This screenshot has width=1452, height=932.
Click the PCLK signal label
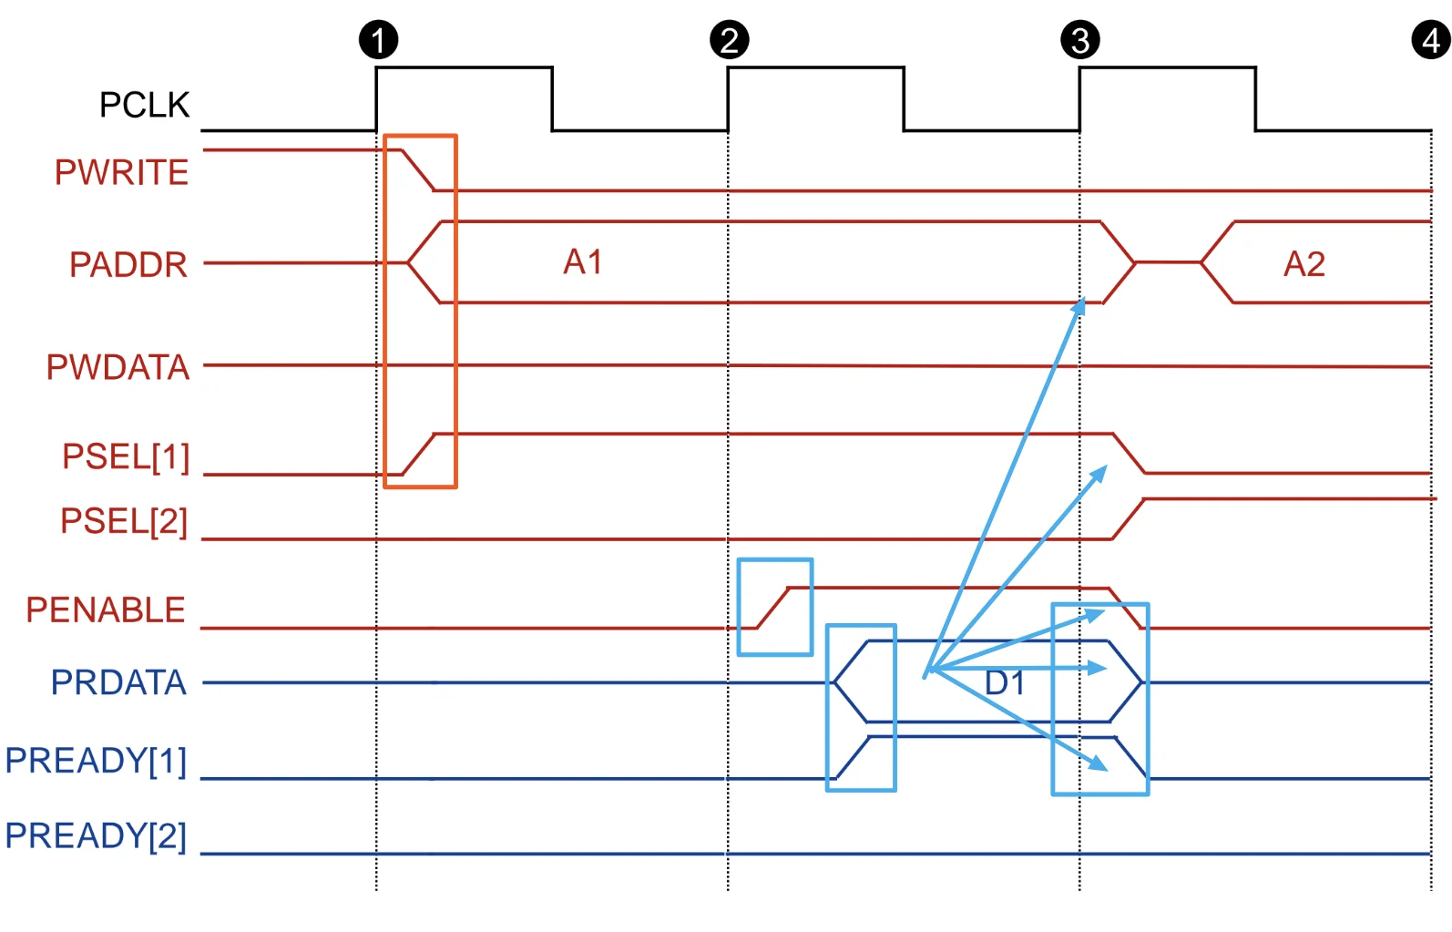coord(144,105)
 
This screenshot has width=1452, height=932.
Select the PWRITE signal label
coord(121,172)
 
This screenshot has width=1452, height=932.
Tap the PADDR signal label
coord(128,264)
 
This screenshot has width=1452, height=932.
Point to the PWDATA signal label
coord(118,367)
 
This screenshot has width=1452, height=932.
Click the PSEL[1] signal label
coord(126,457)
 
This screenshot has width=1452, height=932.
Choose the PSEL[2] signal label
coord(124,521)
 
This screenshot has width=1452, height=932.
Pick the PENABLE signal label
coord(106,609)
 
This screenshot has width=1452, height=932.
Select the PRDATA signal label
coord(118,682)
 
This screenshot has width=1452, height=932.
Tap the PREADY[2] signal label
coord(96,835)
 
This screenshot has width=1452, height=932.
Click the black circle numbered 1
coord(379,39)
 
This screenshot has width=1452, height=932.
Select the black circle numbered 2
coord(730,39)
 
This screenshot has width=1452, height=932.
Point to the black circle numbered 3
coord(1080,39)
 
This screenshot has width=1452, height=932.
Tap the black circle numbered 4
coord(1431,39)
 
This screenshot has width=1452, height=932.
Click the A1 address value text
coord(583,262)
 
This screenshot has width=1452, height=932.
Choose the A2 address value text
coord(1304,264)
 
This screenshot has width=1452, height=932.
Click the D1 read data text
coord(1005,682)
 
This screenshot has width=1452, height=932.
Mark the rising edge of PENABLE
coord(772,608)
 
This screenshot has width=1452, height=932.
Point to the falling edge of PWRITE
coord(418,170)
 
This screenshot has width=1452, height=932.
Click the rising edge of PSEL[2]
coord(1129,518)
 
